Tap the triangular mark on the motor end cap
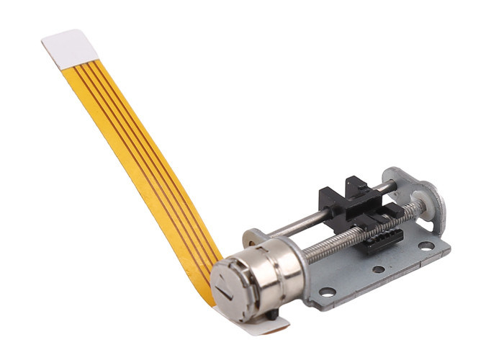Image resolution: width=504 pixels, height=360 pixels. point(226,291)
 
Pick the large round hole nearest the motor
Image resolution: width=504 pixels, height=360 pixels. point(328,292)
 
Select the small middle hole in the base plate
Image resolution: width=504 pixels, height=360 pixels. point(378,270)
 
